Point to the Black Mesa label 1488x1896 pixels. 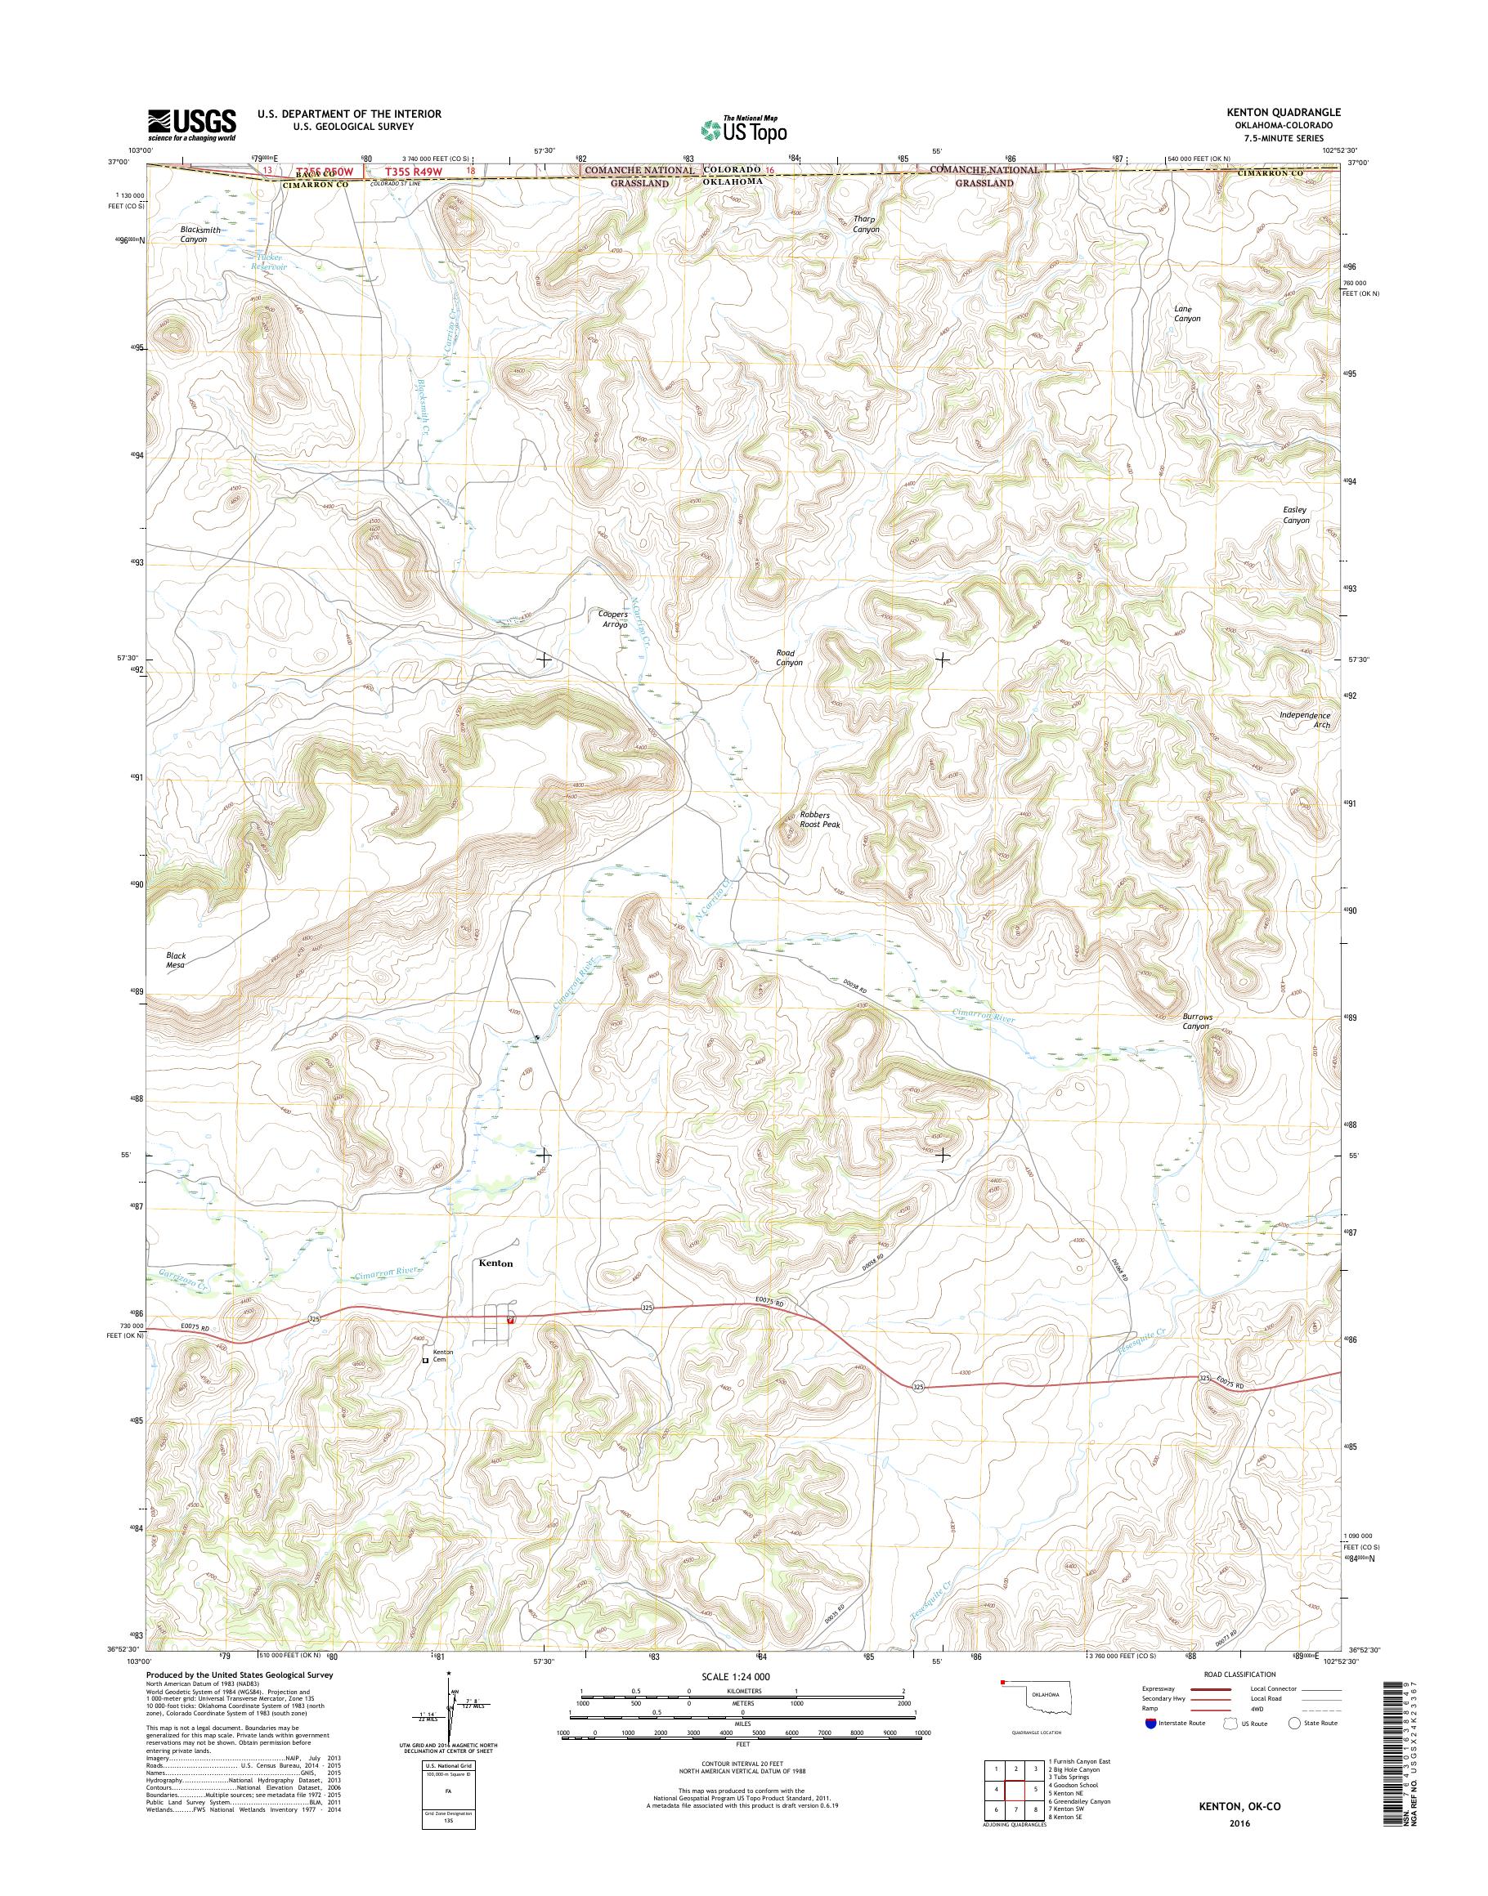176,959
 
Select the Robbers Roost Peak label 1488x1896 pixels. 819,819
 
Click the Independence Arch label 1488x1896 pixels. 1305,719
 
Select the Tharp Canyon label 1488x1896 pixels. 866,225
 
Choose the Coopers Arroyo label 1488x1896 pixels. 612,619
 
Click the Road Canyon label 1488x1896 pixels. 788,657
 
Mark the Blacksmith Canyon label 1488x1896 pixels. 200,235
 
